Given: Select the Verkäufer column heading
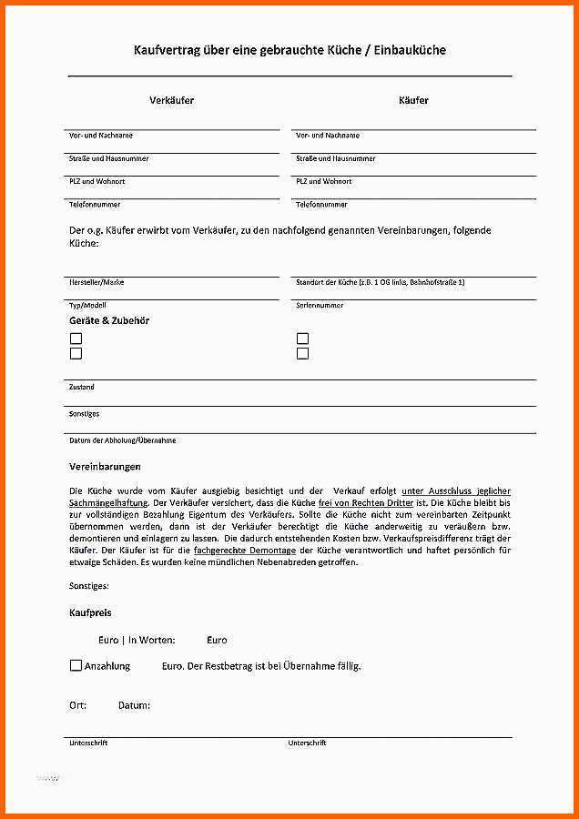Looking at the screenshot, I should pyautogui.click(x=172, y=100).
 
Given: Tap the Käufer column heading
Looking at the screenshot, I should pyautogui.click(x=413, y=100).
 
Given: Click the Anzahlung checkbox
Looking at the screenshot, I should pyautogui.click(x=76, y=665).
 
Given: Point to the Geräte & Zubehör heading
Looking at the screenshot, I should pyautogui.click(x=109, y=320).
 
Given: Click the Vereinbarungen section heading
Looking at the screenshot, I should pyautogui.click(x=105, y=466).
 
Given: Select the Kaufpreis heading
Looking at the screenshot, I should pyautogui.click(x=90, y=613).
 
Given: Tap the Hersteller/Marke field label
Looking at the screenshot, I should pyautogui.click(x=96, y=282).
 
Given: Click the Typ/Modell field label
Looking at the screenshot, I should pyautogui.click(x=87, y=305).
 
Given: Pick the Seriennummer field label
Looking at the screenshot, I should pyautogui.click(x=320, y=305).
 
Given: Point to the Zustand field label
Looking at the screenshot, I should pyautogui.click(x=82, y=387).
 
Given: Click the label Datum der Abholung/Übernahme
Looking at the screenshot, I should pyautogui.click(x=122, y=440).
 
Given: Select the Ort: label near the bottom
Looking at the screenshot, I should pyautogui.click(x=78, y=705).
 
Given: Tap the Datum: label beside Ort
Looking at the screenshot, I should pyautogui.click(x=134, y=705).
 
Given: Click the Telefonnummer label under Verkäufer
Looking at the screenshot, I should pyautogui.click(x=95, y=205).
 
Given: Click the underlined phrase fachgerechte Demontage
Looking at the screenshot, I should pyautogui.click(x=244, y=551).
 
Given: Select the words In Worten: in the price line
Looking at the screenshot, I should pyautogui.click(x=151, y=640).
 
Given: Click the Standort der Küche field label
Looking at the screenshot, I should pyautogui.click(x=381, y=282).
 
